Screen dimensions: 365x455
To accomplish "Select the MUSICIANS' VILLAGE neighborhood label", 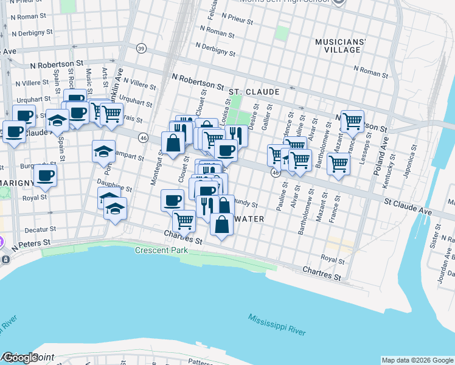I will coord(340,46).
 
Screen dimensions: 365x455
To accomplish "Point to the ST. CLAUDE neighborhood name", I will coord(254,92).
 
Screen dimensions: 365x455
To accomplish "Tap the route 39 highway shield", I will coord(141,49).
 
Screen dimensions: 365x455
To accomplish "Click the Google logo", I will coord(19,358).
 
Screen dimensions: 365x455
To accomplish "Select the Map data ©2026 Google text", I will coord(417,360).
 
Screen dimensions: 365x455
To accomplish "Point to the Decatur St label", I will coord(41,230).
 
